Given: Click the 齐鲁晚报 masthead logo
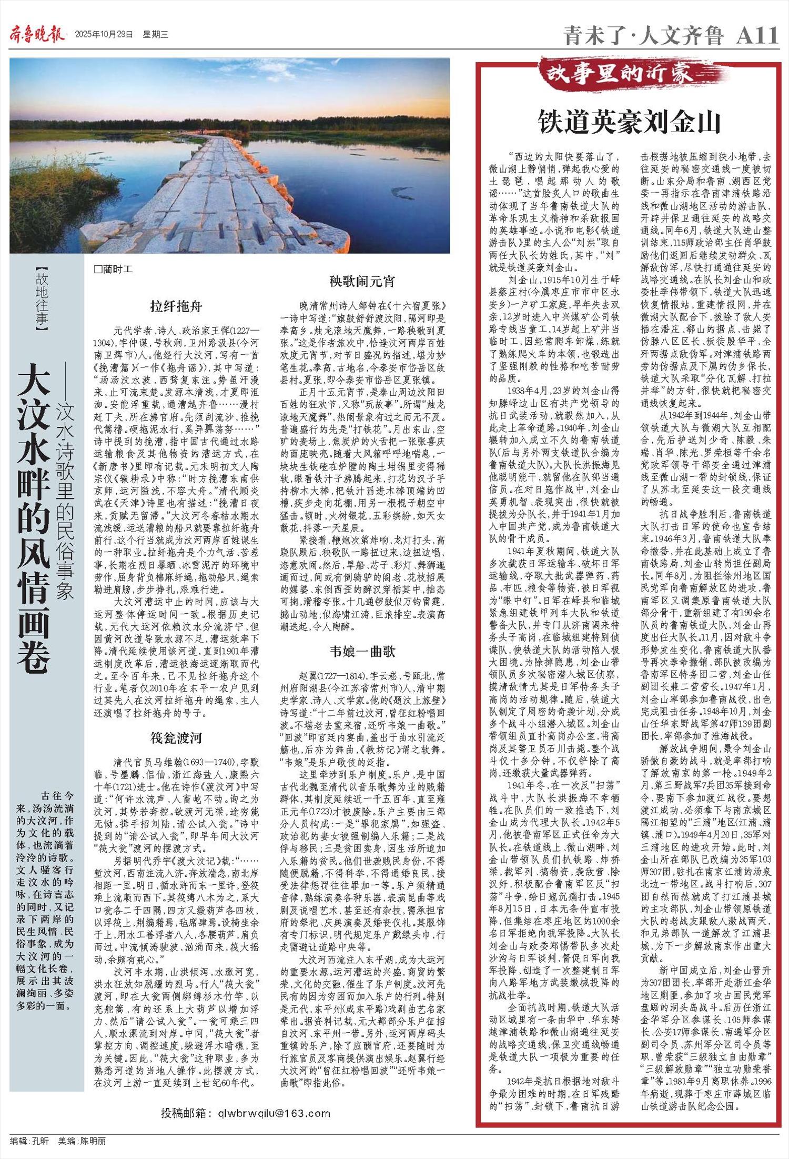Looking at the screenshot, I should point(37,35).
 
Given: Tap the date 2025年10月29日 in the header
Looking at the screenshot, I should point(104,35).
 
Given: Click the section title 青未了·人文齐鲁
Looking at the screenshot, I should point(644,36).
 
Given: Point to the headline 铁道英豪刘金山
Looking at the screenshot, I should point(629,122).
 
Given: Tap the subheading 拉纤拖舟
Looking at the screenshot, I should point(176,306).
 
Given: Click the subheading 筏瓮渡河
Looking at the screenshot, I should point(176,737).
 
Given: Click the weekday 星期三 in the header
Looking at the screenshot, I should point(155,35).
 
